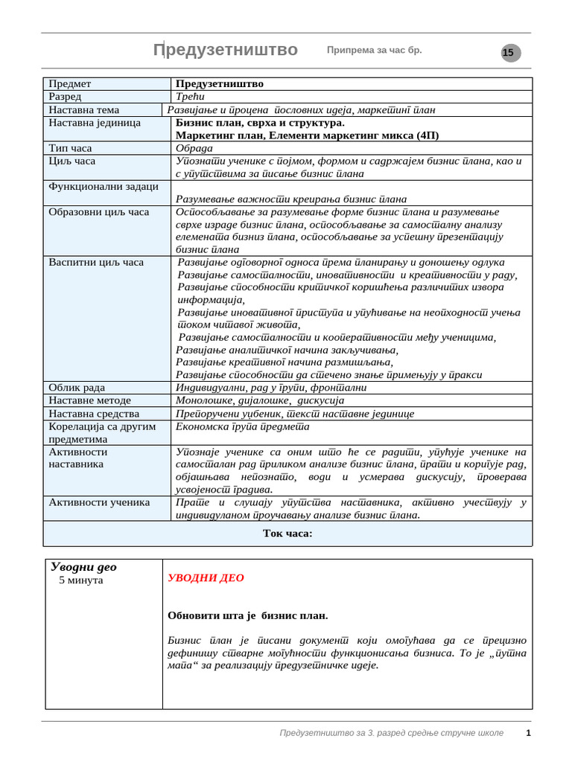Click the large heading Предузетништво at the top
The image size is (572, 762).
[x=225, y=50]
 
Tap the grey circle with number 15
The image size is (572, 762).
[x=509, y=53]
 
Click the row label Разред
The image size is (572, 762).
[x=66, y=97]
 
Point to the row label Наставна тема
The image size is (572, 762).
[x=83, y=109]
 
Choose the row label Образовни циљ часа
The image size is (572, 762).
[x=98, y=212]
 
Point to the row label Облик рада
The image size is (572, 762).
[x=77, y=388]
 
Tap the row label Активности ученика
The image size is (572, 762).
[x=99, y=502]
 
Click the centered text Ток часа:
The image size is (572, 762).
[x=287, y=534]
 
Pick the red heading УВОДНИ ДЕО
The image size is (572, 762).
[x=206, y=578]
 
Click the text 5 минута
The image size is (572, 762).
[x=81, y=580]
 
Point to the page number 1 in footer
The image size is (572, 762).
[x=528, y=733]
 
